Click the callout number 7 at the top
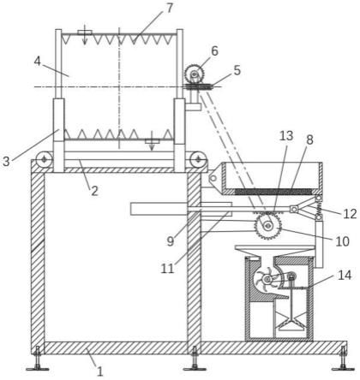[170, 9]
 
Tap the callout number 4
[38, 61]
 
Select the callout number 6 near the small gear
[214, 51]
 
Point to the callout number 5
[237, 70]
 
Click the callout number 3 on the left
[6, 162]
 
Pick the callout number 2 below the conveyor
[94, 191]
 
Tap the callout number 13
[286, 136]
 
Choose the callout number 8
[309, 140]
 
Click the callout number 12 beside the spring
[350, 214]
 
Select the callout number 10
[342, 241]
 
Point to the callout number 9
[171, 241]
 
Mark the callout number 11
[167, 269]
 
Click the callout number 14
[345, 275]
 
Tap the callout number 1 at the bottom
[99, 371]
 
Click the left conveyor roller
[44, 159]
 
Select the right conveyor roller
[198, 159]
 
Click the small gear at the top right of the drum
[195, 74]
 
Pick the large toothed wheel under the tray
[268, 226]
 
